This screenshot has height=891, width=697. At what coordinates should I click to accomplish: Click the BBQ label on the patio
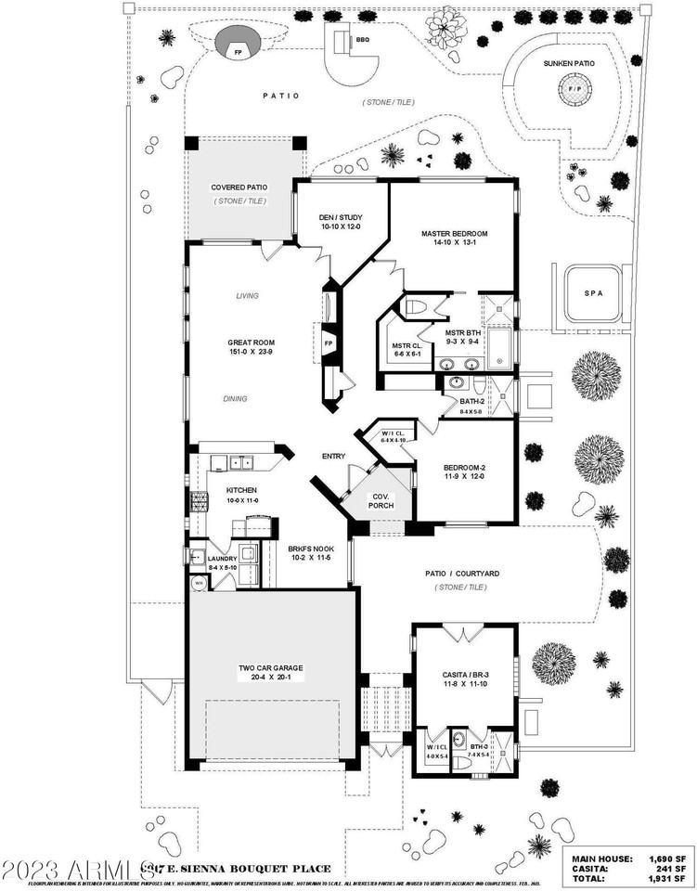pyautogui.click(x=363, y=40)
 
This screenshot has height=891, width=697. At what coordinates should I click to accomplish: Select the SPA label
pyautogui.click(x=593, y=293)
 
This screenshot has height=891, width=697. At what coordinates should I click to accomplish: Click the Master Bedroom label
pyautogui.click(x=454, y=234)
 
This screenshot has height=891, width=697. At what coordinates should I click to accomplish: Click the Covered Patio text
pyautogui.click(x=239, y=187)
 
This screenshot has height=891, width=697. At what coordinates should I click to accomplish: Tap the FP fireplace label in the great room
pyautogui.click(x=328, y=344)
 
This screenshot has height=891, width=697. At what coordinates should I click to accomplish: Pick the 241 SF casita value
pyautogui.click(x=670, y=868)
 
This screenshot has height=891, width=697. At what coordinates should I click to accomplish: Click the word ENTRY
pyautogui.click(x=333, y=457)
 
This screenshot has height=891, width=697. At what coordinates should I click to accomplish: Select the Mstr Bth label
pyautogui.click(x=461, y=331)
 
